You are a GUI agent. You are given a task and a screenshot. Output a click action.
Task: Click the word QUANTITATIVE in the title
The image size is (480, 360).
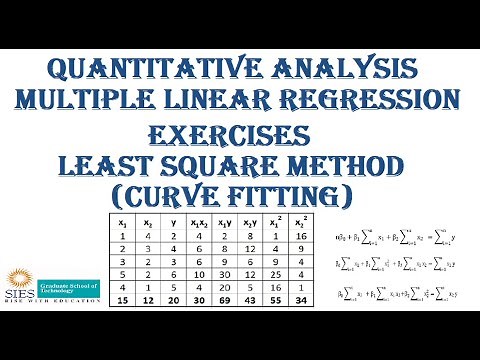[149, 70]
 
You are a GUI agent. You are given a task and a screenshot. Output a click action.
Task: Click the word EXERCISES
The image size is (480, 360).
[239, 133]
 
